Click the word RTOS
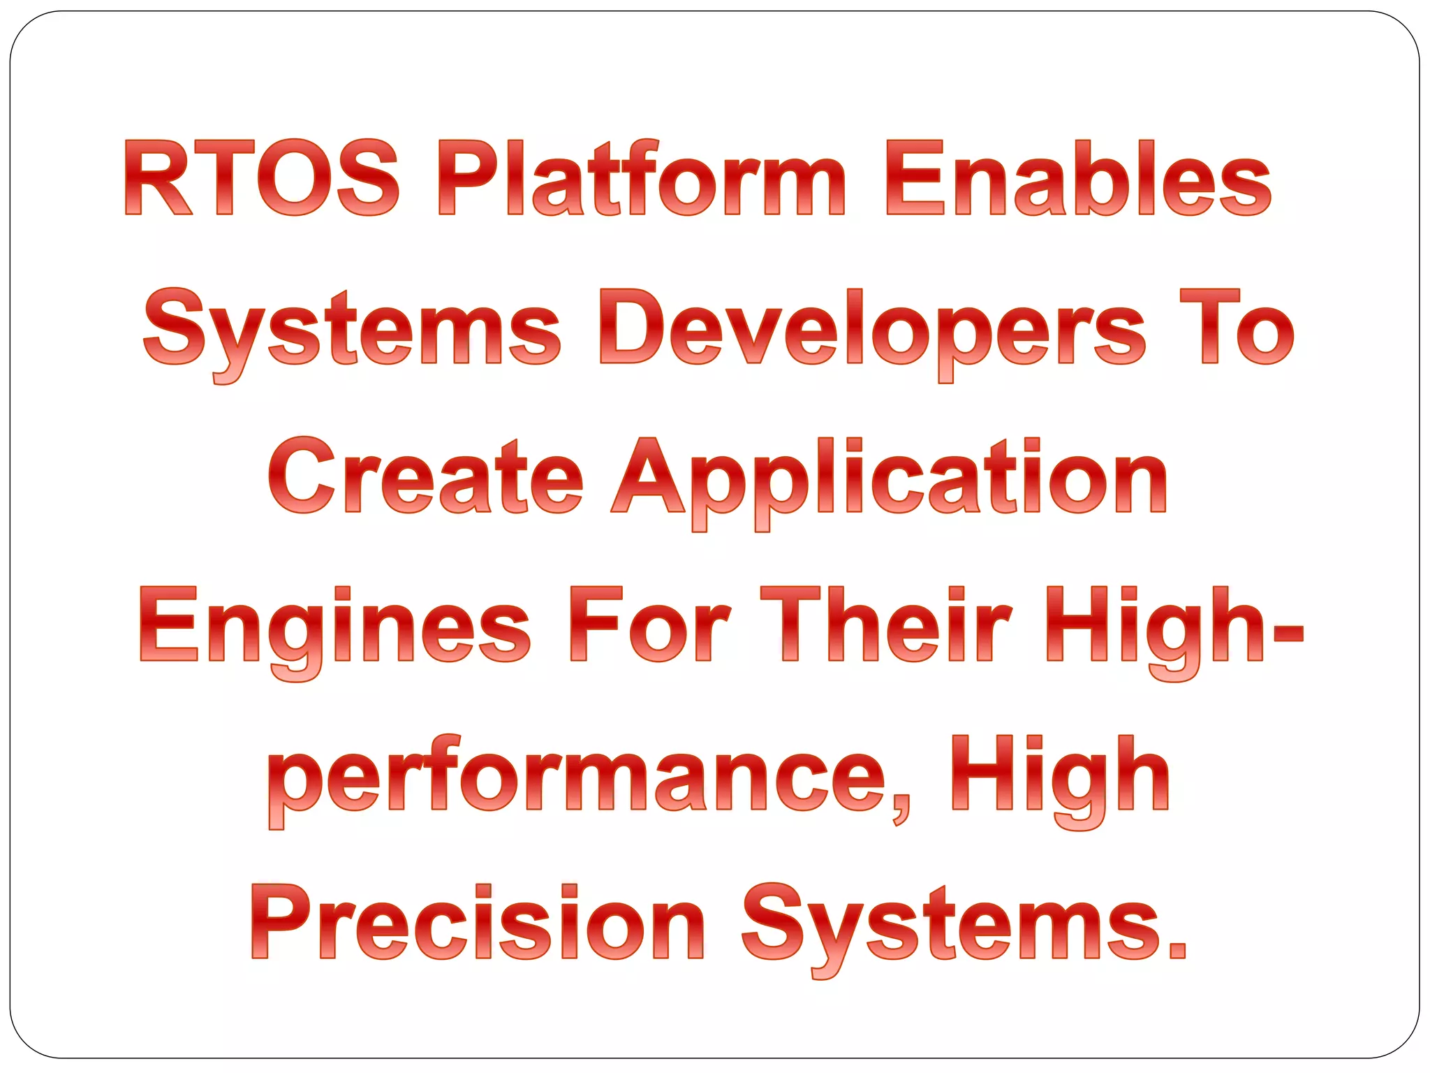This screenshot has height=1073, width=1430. (262, 177)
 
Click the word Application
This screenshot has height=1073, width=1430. (889, 478)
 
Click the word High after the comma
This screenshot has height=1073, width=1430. (1061, 775)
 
